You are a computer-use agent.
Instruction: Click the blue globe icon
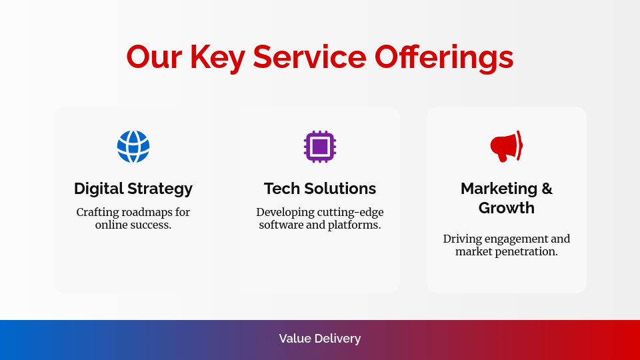pyautogui.click(x=133, y=147)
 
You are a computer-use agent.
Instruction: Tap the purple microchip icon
pyautogui.click(x=320, y=147)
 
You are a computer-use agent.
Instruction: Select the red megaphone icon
pyautogui.click(x=507, y=147)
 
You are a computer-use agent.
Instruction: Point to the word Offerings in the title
pyautogui.click(x=444, y=57)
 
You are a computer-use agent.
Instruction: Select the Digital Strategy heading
pyautogui.click(x=133, y=189)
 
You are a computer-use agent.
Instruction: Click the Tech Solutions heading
pyautogui.click(x=320, y=189)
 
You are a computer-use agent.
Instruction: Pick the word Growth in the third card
pyautogui.click(x=507, y=208)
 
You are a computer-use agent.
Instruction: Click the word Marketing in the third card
pyautogui.click(x=499, y=189)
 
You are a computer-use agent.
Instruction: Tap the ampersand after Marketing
pyautogui.click(x=547, y=189)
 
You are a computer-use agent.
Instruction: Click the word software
pyautogui.click(x=281, y=225)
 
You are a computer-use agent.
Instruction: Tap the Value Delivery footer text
pyautogui.click(x=320, y=339)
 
